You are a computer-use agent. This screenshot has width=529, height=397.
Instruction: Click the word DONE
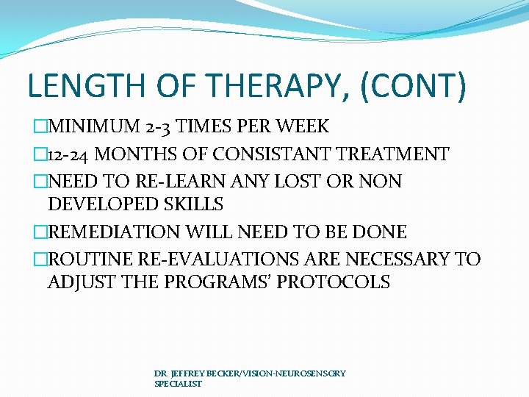click(379, 232)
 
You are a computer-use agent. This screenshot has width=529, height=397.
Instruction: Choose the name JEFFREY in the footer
click(187, 373)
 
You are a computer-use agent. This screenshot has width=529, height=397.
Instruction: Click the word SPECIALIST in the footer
click(178, 384)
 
